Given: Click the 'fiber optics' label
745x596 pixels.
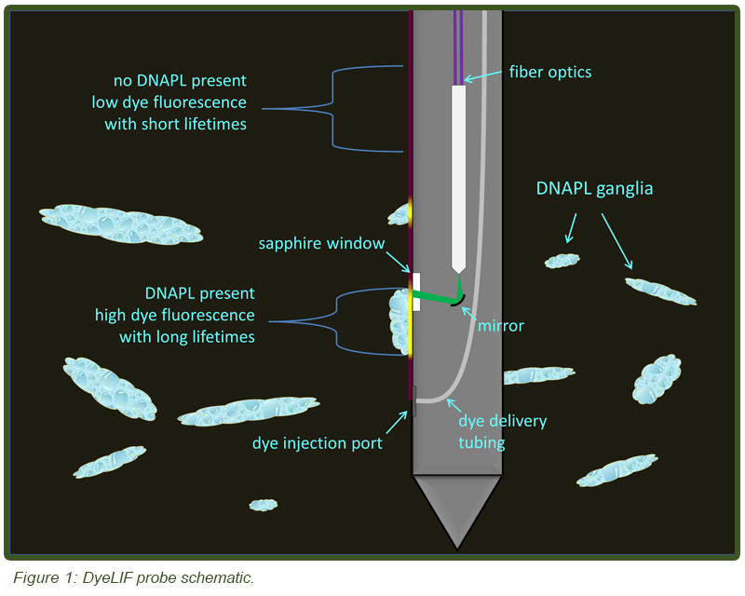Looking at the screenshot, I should point(550,72).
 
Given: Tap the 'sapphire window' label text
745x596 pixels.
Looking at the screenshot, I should point(322,244).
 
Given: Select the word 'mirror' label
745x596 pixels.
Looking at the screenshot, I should point(500,326).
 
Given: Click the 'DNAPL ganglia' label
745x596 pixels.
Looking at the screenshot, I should point(594,188).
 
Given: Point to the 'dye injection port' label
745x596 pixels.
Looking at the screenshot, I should point(317,443).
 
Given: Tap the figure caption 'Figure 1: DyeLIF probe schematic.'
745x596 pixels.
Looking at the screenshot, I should point(133,578).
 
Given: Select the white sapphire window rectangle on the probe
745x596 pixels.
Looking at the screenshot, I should point(416,291).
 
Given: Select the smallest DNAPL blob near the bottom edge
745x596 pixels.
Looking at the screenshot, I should point(263,505).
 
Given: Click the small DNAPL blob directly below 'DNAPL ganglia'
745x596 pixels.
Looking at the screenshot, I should point(562,261).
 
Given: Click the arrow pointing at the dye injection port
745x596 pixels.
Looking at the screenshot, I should point(396,425).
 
